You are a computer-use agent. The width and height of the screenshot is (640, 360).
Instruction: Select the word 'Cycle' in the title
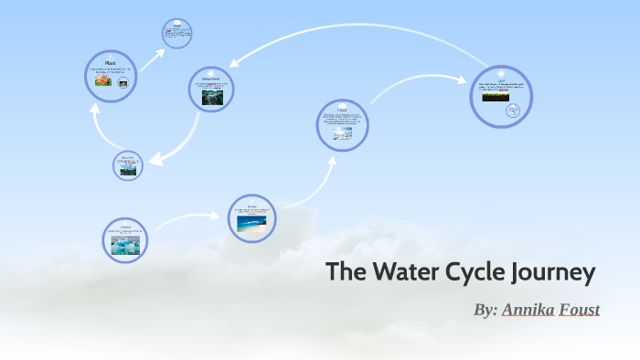pos(479,272)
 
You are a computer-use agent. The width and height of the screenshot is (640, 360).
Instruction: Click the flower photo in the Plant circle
pos(102,80)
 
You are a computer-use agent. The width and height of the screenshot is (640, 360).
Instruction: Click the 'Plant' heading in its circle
pos(110,62)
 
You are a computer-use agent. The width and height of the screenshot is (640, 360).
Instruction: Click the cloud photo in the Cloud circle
pos(342,133)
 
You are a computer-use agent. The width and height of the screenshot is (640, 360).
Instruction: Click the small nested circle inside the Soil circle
pos(513,111)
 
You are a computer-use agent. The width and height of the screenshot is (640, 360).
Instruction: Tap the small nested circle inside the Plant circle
pos(123,81)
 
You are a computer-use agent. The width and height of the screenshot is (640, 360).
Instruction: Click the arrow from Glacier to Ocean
pos(187,218)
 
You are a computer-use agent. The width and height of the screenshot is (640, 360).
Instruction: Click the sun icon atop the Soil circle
pos(501,73)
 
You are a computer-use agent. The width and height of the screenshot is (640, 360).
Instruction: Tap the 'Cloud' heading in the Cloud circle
pos(342,109)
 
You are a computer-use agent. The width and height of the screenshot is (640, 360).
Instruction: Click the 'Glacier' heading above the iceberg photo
pos(125,226)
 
